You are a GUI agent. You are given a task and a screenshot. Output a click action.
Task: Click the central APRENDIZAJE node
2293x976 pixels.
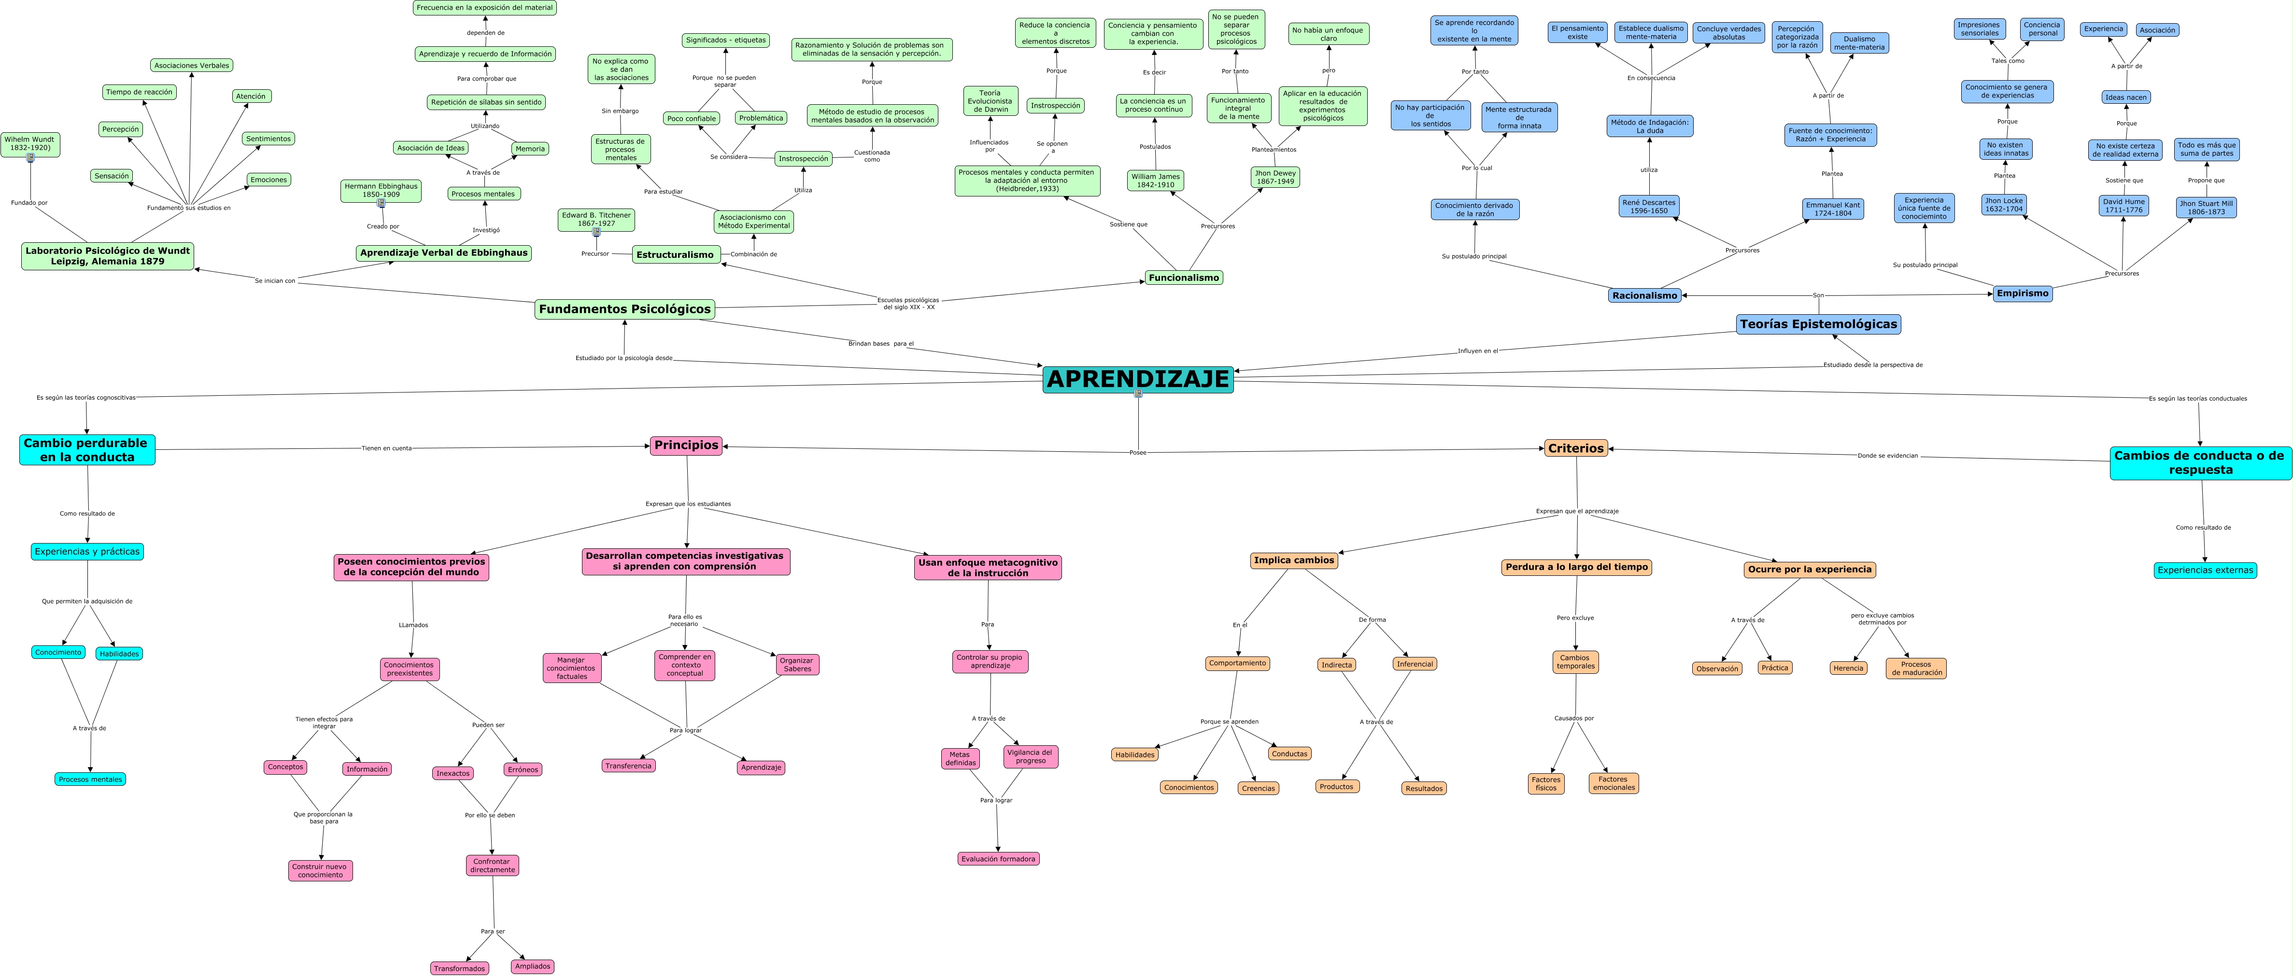click(x=1138, y=379)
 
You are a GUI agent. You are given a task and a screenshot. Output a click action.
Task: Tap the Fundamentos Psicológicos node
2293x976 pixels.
click(x=625, y=309)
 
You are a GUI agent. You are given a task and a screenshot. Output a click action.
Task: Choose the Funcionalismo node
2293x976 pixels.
click(x=1183, y=278)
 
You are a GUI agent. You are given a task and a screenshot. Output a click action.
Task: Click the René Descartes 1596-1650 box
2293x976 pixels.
click(x=1649, y=207)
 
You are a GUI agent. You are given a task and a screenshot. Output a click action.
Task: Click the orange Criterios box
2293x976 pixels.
click(x=1575, y=448)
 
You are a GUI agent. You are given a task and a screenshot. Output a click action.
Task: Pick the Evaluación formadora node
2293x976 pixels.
click(x=999, y=859)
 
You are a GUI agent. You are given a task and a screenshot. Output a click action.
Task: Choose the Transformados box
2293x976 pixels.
click(x=459, y=968)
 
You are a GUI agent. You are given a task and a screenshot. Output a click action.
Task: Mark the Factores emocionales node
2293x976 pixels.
click(x=1613, y=783)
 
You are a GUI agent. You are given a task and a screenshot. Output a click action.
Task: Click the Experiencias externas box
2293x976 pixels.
click(x=2205, y=570)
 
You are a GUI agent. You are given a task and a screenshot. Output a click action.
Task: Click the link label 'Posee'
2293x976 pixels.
click(x=1138, y=453)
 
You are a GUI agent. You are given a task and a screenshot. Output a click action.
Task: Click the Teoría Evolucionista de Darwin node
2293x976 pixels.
click(x=990, y=100)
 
